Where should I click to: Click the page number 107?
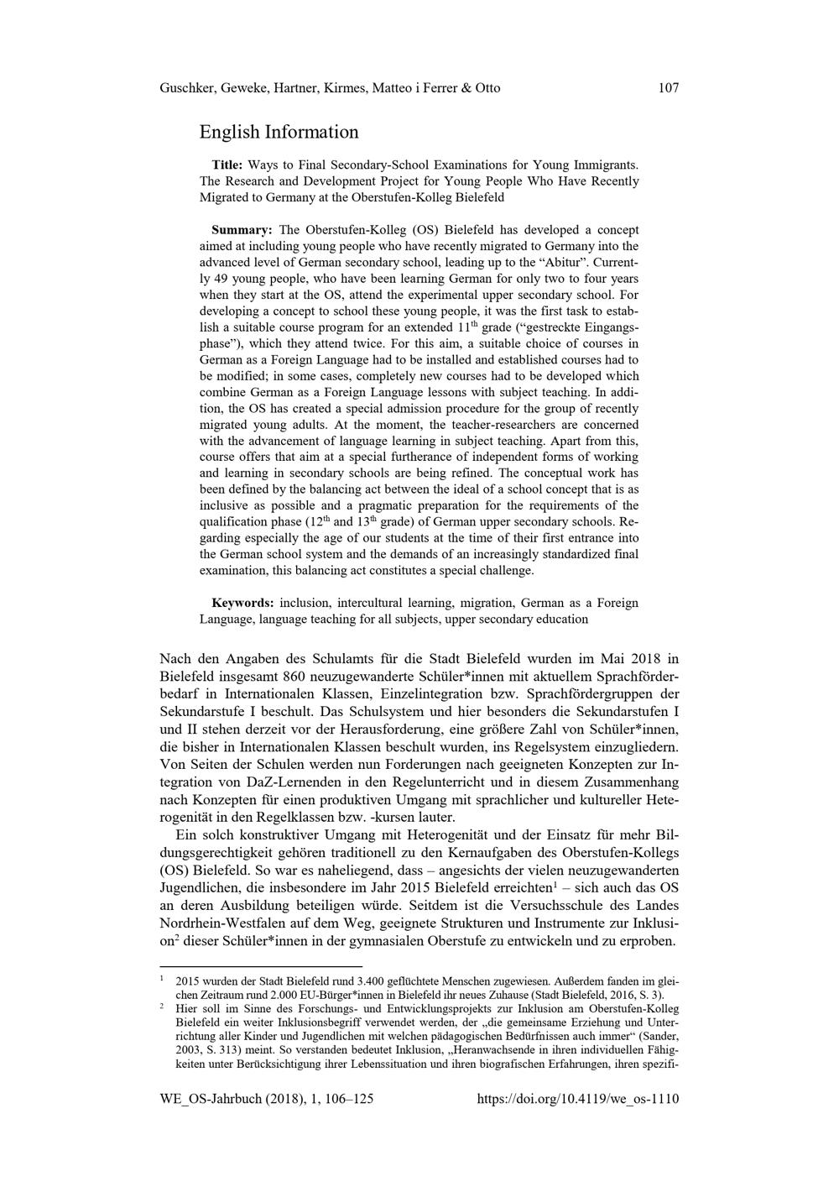pos(669,88)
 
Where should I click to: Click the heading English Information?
pos(279,132)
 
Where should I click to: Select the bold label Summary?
pos(242,230)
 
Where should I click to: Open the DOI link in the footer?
pos(578,1099)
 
